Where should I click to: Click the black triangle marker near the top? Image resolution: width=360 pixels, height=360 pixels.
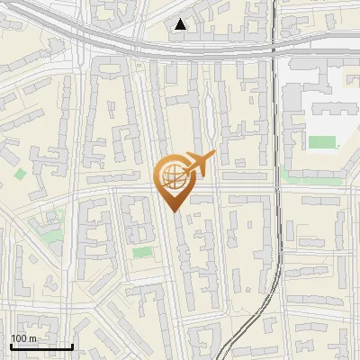point(181,24)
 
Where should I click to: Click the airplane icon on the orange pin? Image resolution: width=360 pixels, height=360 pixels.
point(199,164)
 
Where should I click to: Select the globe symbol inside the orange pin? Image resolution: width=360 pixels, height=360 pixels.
point(171,175)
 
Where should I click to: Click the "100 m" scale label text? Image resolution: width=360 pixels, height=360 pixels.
point(23,338)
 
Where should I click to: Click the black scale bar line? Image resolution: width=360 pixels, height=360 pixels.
point(41,346)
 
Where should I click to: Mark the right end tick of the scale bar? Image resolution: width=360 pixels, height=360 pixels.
point(72,346)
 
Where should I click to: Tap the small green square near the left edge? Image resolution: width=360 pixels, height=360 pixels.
point(20,173)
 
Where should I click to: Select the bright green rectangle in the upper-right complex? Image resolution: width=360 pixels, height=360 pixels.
point(321,141)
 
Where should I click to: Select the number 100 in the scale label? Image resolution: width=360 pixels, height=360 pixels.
point(19,338)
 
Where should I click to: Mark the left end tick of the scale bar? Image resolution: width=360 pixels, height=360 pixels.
point(11,346)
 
